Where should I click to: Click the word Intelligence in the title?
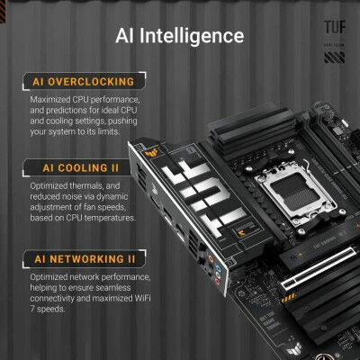click(196, 36)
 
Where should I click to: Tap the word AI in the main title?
click(127, 36)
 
